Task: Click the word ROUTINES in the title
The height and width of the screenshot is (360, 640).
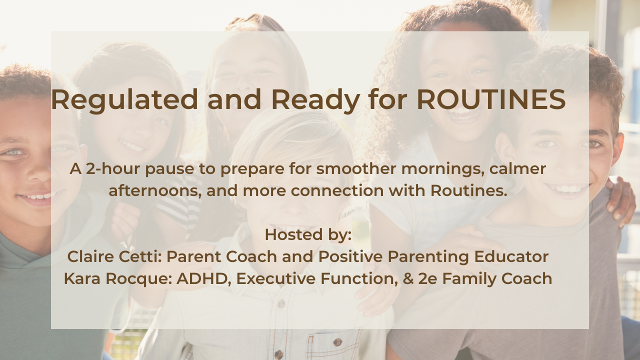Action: click(x=491, y=99)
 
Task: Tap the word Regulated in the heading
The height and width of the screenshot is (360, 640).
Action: click(x=124, y=100)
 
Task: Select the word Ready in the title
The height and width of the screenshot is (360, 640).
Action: click(x=315, y=100)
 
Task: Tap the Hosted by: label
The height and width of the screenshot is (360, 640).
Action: click(x=308, y=235)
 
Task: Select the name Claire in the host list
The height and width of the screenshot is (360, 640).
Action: click(x=90, y=256)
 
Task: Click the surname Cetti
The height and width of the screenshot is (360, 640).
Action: click(x=140, y=256)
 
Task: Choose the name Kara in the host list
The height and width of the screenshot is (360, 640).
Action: click(x=82, y=279)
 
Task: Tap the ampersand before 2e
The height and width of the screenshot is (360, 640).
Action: click(x=408, y=279)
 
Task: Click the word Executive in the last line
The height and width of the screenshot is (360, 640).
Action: click(x=275, y=279)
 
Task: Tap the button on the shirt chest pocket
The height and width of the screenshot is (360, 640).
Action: click(x=337, y=341)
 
